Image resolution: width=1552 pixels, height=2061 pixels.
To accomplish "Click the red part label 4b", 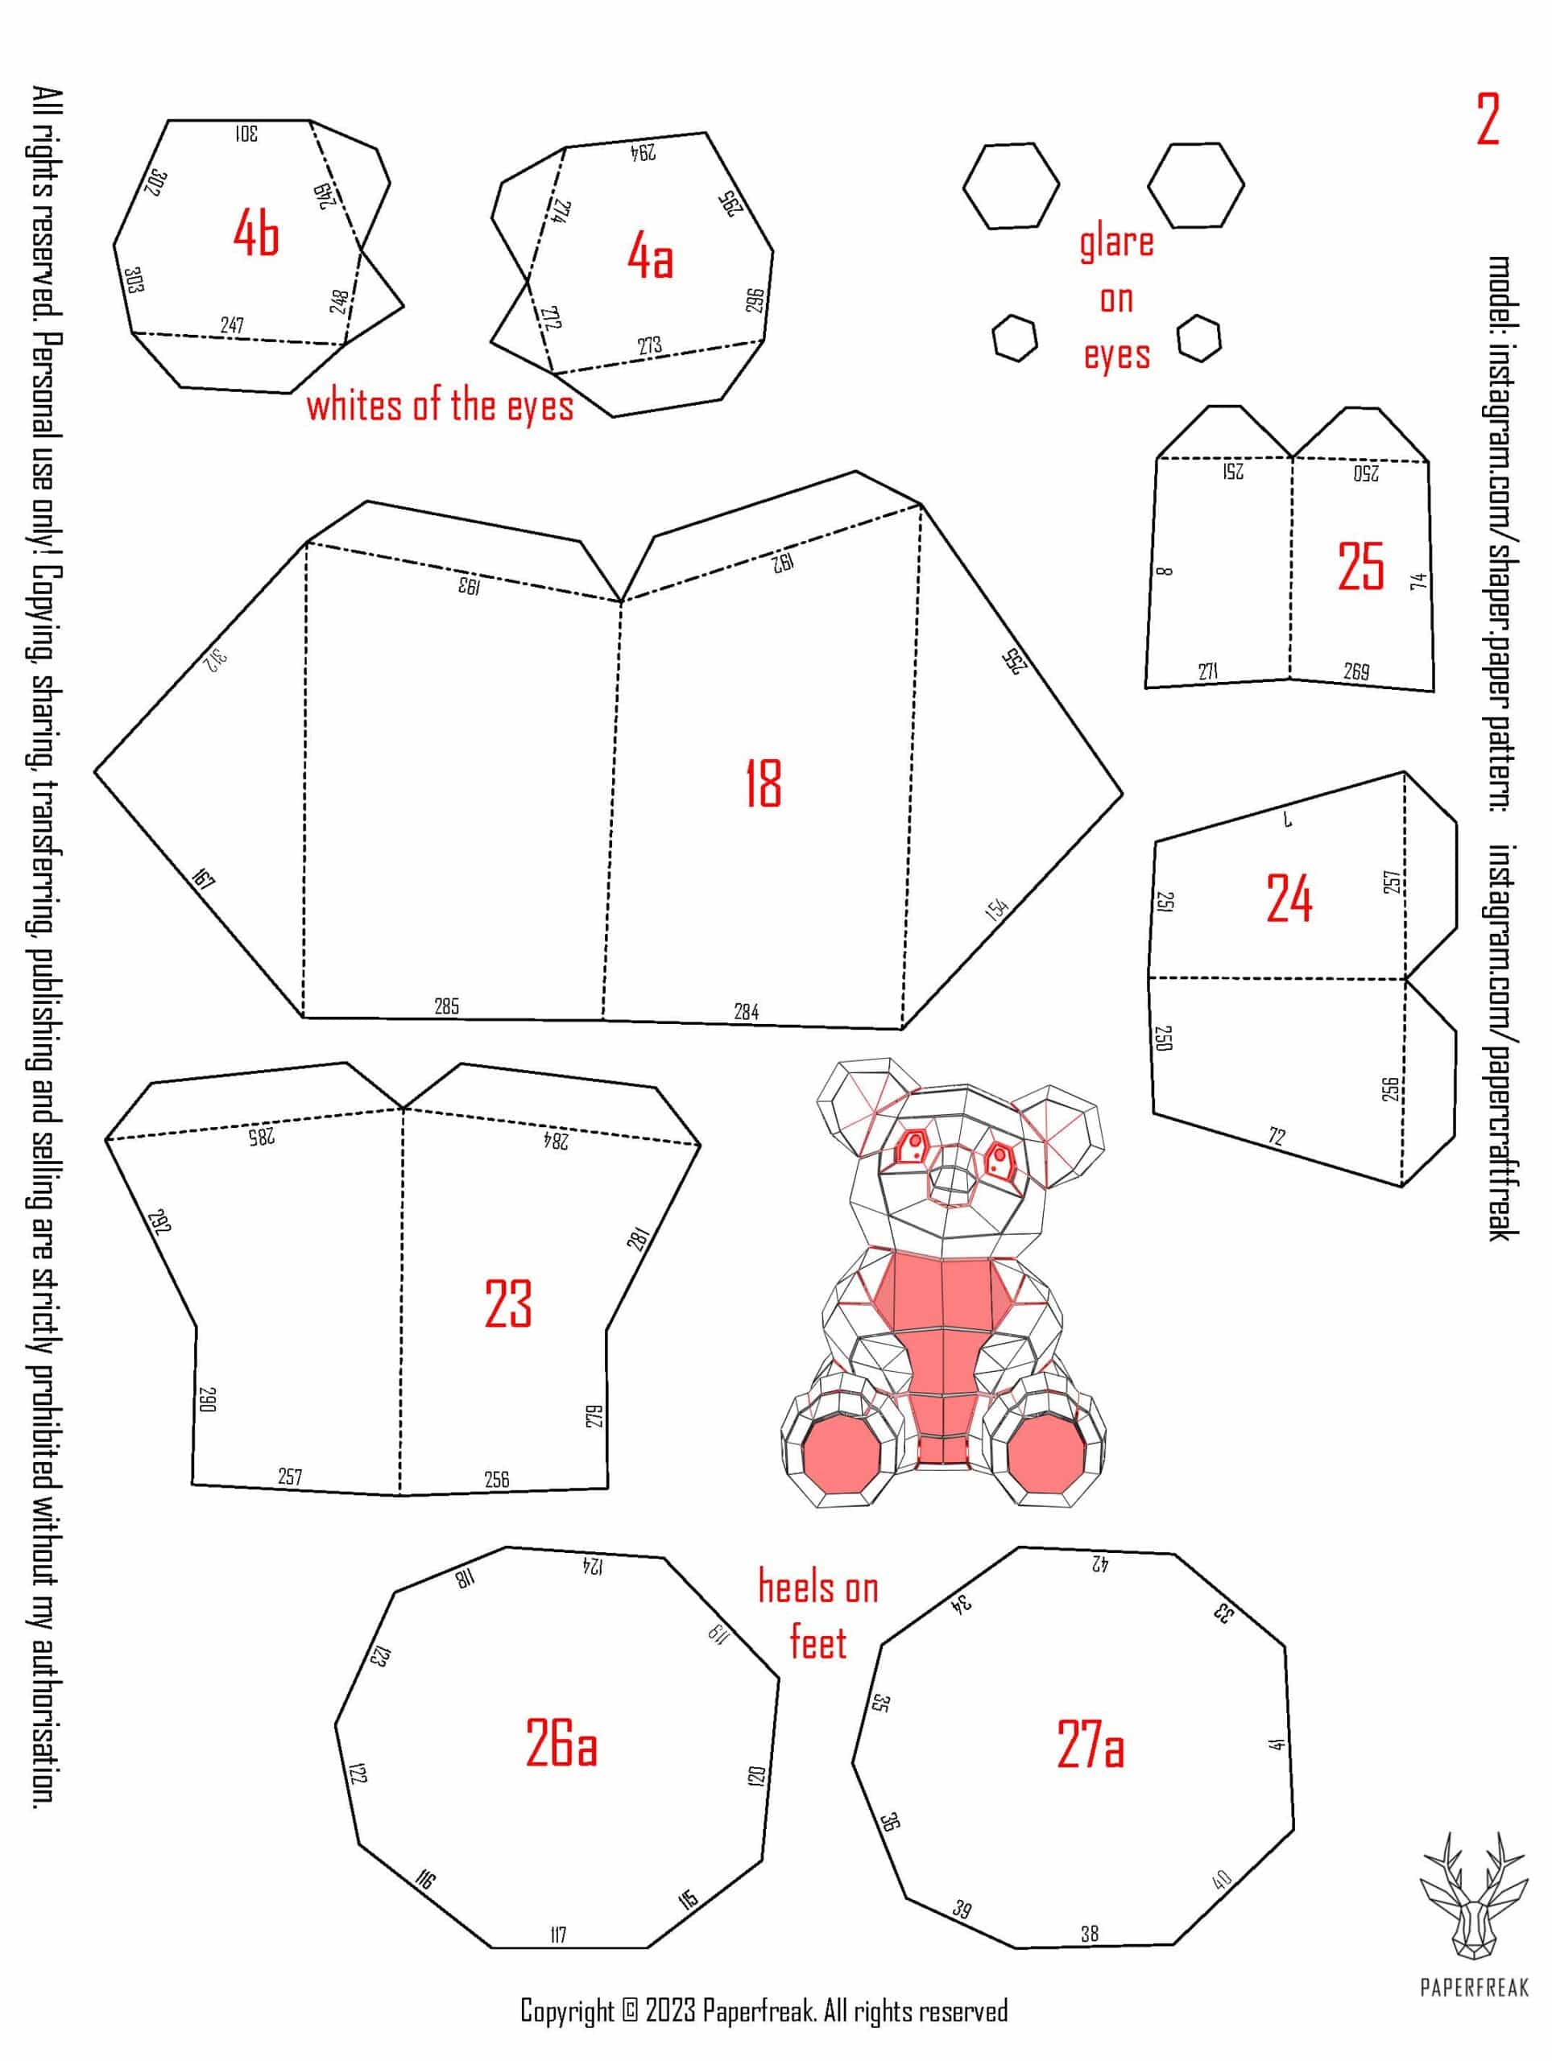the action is [255, 233].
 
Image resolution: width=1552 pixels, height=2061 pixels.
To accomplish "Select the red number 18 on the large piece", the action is [764, 783].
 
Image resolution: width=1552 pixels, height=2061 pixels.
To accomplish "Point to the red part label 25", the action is [1360, 567].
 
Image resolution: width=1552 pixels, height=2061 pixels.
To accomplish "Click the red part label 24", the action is [1289, 898].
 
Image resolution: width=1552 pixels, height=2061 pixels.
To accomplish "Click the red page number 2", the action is [1487, 119].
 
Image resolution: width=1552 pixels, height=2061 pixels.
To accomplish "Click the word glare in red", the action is [1117, 243].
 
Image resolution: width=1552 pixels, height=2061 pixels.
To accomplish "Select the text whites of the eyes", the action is [440, 407].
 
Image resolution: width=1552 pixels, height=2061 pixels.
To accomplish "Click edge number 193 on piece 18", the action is [469, 585].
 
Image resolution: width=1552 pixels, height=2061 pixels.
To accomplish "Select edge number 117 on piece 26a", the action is [558, 1935].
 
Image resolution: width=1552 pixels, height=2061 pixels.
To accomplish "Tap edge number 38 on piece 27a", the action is [1090, 1933].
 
